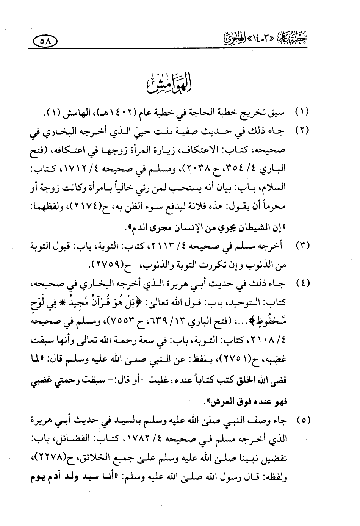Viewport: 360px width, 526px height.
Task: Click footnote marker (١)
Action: tap(302, 113)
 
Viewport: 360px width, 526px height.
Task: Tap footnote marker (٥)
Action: tap(302, 421)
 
